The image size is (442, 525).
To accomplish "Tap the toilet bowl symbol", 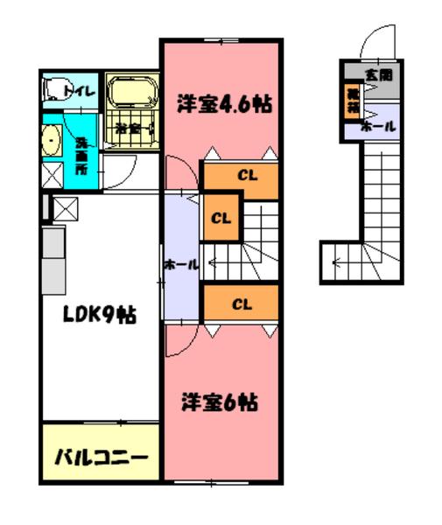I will click(58, 89).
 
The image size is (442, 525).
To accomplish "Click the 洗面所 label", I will click(81, 152).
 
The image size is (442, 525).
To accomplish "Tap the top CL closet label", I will click(247, 173).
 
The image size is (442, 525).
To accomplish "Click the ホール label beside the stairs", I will click(181, 264).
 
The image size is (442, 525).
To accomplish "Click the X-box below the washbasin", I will click(53, 176).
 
